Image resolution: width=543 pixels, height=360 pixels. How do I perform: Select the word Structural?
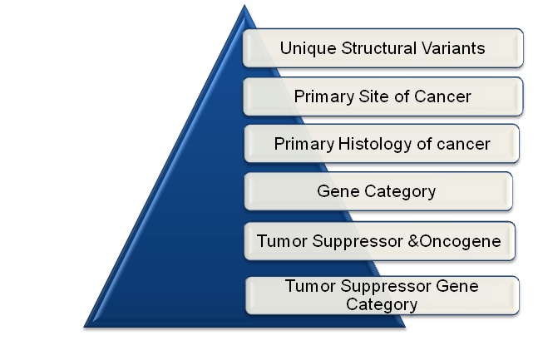[x=378, y=47]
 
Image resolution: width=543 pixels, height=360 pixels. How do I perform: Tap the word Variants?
[x=453, y=47]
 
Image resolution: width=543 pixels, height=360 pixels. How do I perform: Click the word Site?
[x=375, y=96]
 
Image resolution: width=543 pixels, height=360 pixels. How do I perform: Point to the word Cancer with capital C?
[x=442, y=96]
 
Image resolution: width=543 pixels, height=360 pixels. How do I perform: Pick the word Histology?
[x=375, y=145]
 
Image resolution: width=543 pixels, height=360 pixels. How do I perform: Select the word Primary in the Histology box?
[x=304, y=145]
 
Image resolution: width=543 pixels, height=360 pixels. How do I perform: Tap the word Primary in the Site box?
[x=324, y=97]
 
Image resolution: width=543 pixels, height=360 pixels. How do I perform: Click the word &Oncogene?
[x=454, y=241]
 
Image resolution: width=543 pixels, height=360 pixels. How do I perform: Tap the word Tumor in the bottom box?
[x=310, y=286]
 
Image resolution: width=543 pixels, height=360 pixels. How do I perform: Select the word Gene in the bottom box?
[x=457, y=286]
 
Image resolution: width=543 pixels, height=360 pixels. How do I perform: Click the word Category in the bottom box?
[x=382, y=304]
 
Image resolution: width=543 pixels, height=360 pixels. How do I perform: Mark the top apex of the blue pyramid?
[x=244, y=5]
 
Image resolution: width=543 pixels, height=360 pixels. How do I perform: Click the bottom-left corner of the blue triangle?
[x=84, y=327]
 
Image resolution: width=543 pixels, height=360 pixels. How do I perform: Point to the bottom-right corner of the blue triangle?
[x=405, y=327]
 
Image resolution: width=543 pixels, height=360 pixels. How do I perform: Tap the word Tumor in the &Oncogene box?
[x=282, y=241]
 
